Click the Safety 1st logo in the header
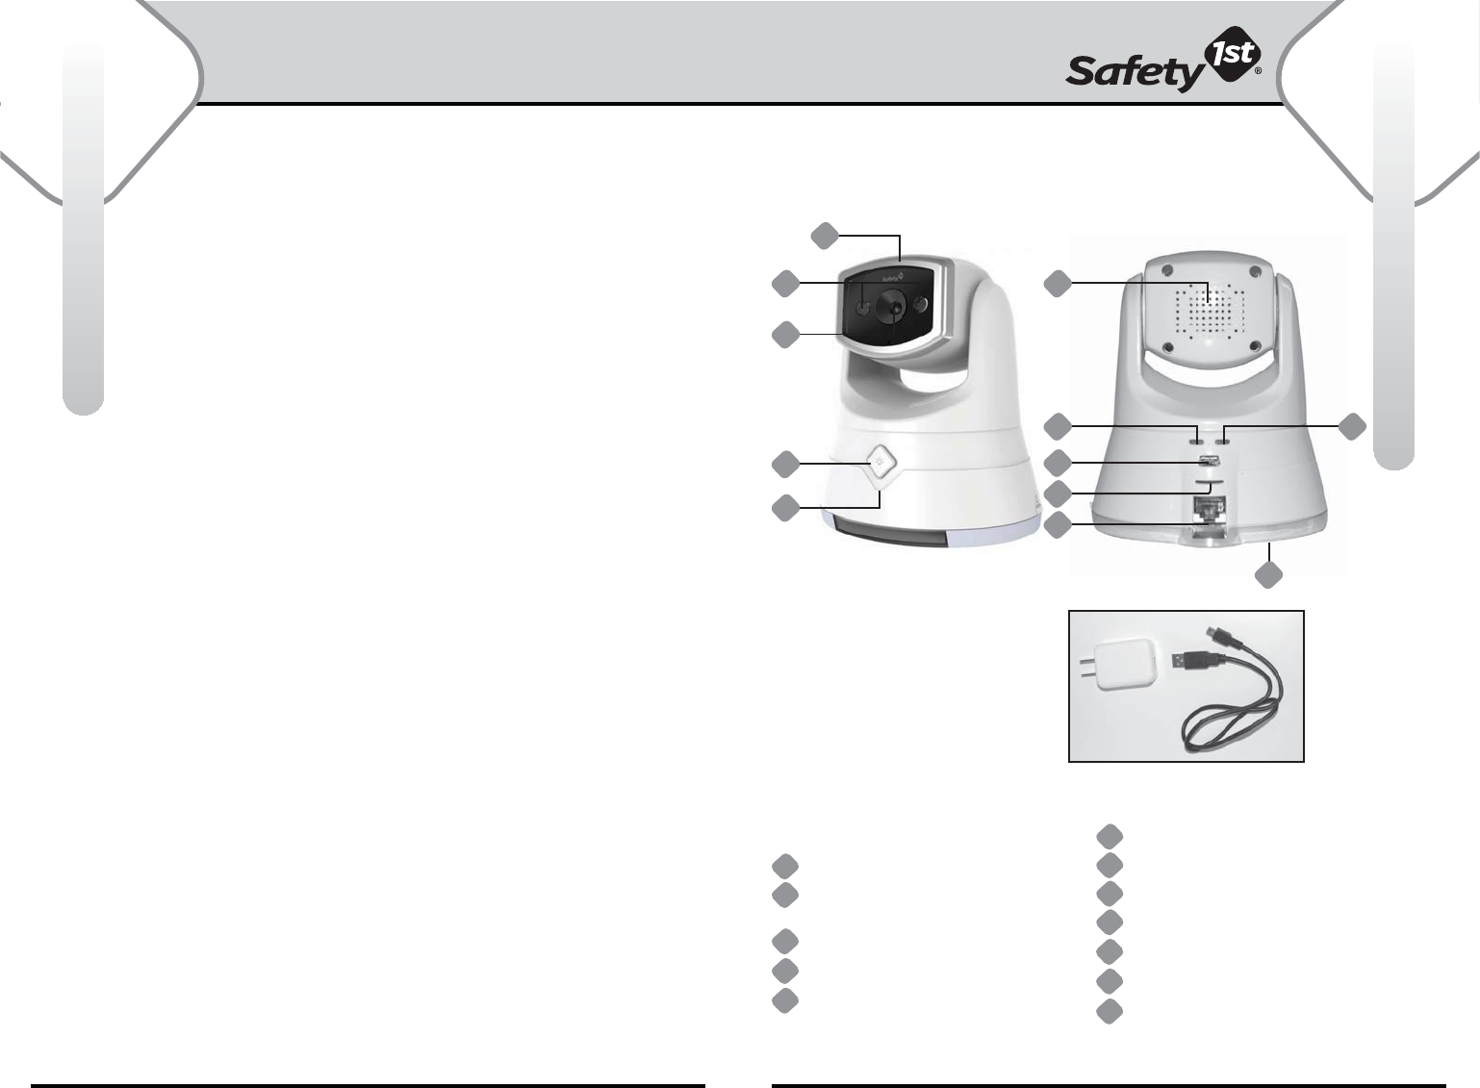[x=1163, y=67]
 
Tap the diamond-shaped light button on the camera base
[x=878, y=464]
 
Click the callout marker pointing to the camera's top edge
[x=823, y=234]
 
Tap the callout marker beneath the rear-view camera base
[x=1269, y=575]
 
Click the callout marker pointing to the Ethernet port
[x=1058, y=525]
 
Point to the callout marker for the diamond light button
[x=784, y=464]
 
